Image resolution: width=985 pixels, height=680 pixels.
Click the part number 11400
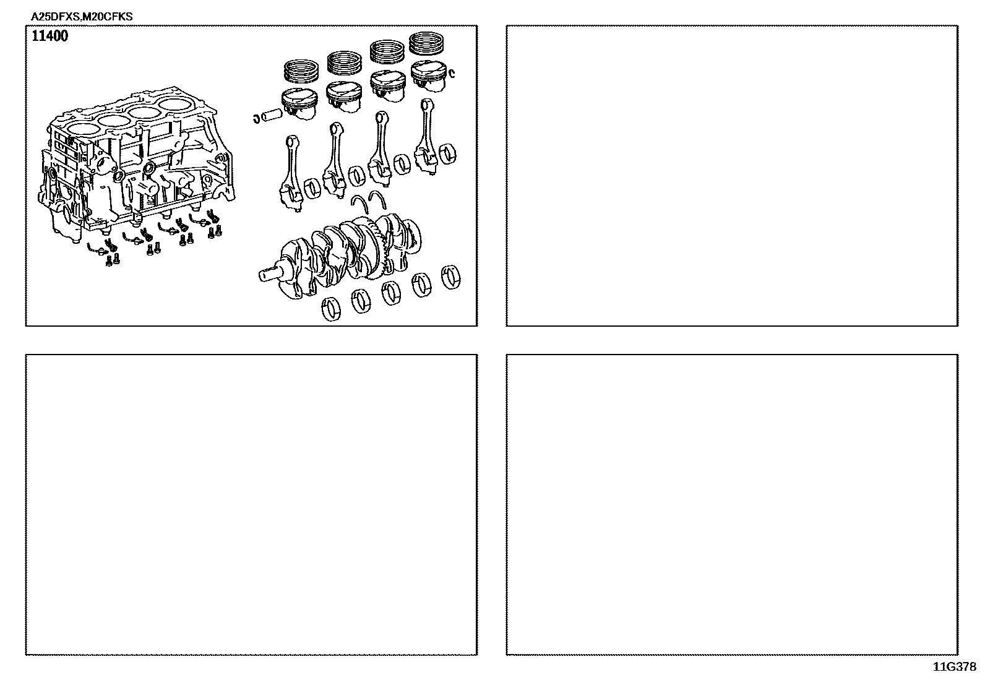(49, 36)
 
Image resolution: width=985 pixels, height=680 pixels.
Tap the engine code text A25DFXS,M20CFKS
(82, 17)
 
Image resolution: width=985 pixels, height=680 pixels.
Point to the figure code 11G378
(955, 667)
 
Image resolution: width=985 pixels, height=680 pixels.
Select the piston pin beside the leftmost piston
(271, 115)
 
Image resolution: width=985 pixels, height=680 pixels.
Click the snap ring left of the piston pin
(256, 118)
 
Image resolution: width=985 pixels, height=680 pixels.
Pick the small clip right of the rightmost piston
(452, 73)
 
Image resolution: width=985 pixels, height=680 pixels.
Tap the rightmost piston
(429, 75)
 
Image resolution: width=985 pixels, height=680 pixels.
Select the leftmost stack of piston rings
(301, 71)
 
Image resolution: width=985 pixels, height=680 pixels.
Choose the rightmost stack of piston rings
(426, 43)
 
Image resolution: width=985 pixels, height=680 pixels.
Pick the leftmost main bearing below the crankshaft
(331, 309)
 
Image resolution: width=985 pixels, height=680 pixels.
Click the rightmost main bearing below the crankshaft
(450, 277)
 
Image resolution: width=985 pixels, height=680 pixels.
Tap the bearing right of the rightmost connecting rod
(447, 154)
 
